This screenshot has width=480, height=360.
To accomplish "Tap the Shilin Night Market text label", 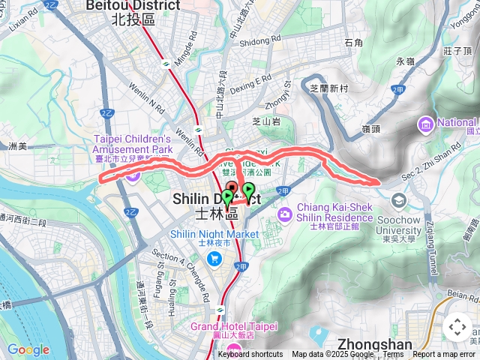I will [x=214, y=234].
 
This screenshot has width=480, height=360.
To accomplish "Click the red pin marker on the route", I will [x=231, y=187].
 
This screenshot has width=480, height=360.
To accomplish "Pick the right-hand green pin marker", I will [x=248, y=189].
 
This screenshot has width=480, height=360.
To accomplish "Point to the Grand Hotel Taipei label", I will [x=234, y=326].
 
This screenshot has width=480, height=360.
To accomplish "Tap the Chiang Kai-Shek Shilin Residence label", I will [x=324, y=211].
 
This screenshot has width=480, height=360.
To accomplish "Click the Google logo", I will [x=28, y=349].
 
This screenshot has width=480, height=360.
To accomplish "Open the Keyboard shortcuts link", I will [x=250, y=355].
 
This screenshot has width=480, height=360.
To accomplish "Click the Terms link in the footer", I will [x=393, y=355].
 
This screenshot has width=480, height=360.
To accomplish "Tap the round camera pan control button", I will [x=457, y=327].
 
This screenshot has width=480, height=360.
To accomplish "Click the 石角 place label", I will [x=353, y=43].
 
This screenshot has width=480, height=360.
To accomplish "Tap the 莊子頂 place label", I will [x=457, y=51].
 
